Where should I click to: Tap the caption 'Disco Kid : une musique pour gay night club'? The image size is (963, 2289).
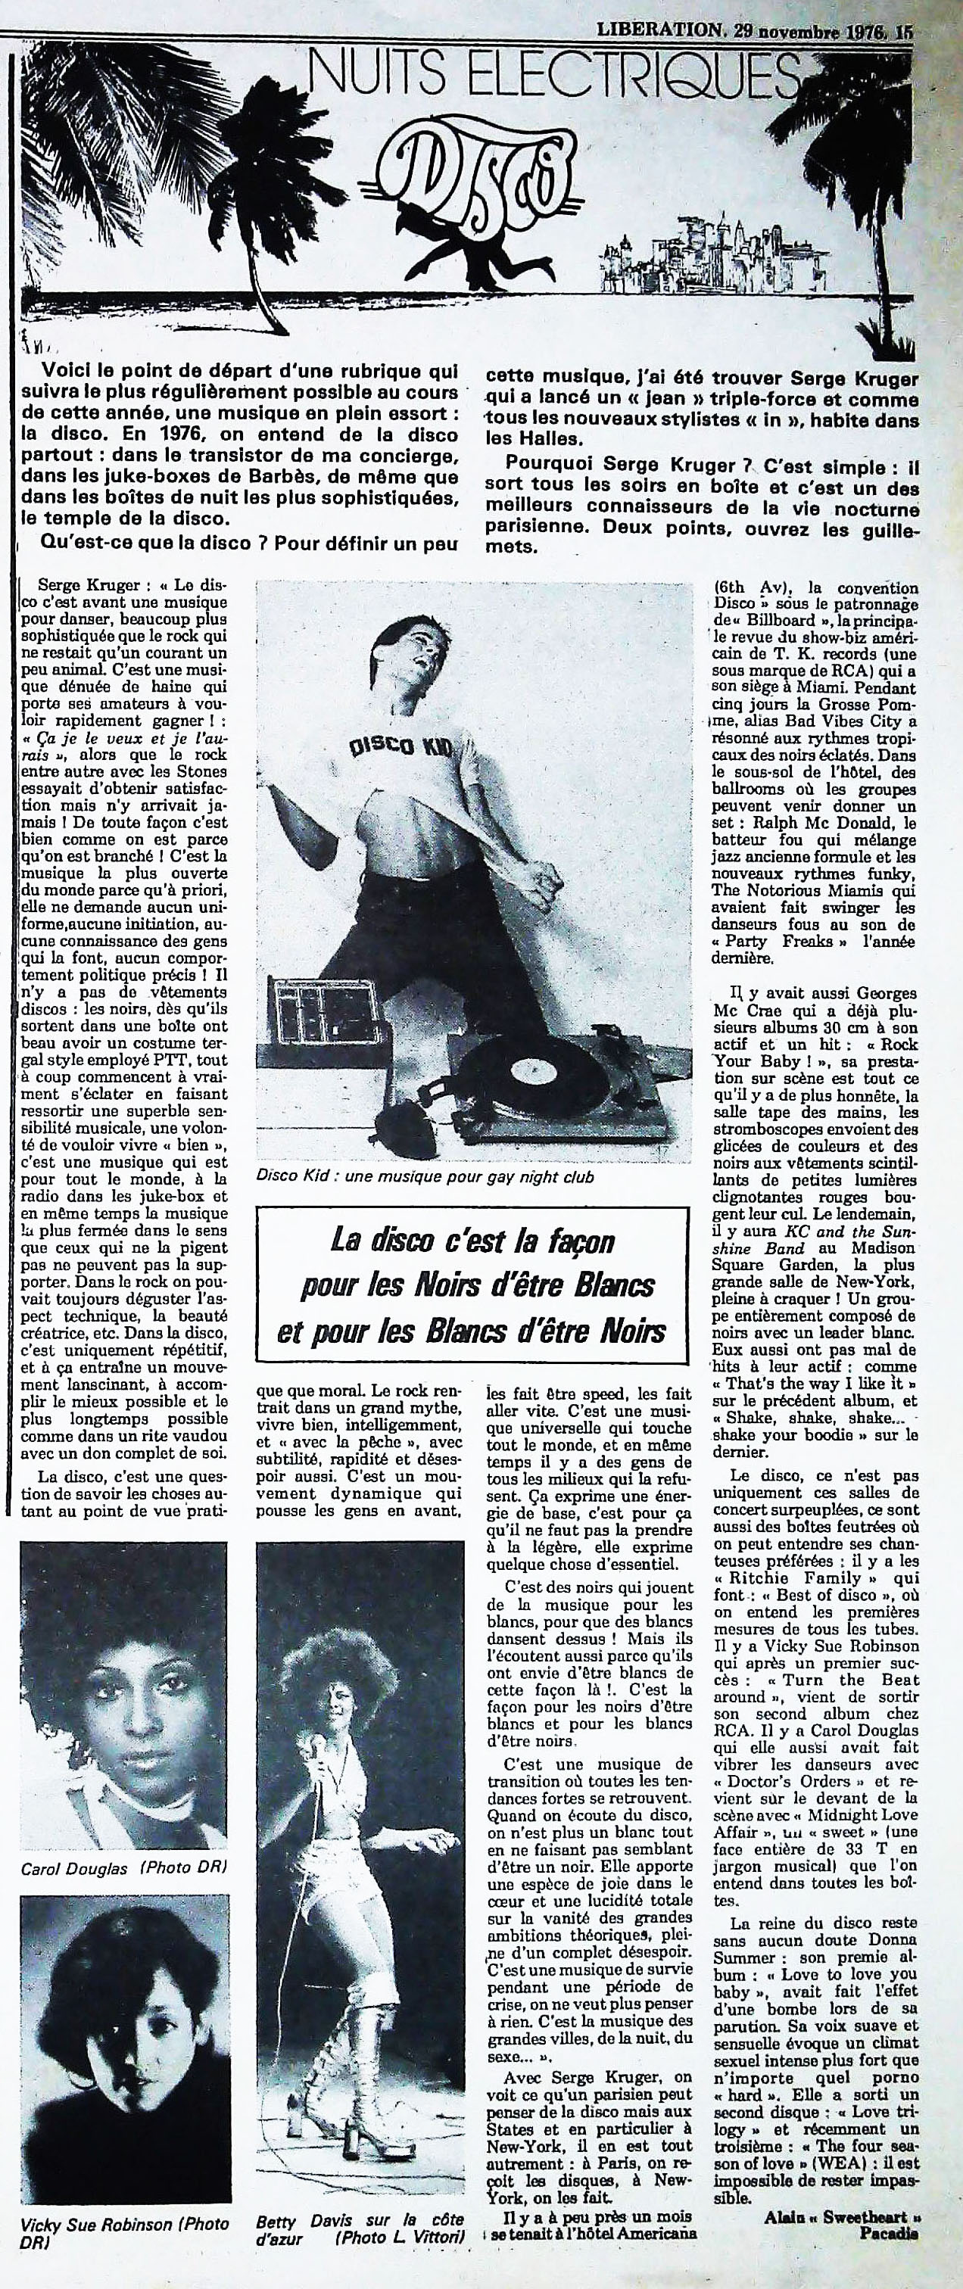tap(425, 1176)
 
